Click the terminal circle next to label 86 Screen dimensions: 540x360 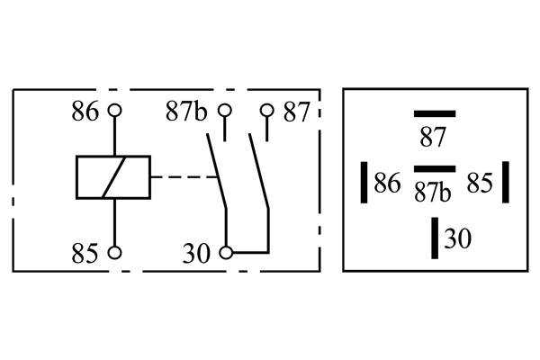point(114,111)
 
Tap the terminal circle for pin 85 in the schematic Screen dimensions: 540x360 point(114,253)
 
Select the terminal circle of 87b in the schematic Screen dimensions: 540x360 point(225,111)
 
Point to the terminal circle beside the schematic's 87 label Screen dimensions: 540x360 point(267,111)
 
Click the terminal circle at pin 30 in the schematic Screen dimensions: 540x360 point(226,253)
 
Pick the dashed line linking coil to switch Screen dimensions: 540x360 point(184,177)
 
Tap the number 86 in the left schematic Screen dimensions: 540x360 point(85,112)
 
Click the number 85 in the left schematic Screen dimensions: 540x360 point(85,253)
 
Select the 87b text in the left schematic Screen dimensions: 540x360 point(186,112)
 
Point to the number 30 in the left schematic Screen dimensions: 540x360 point(196,254)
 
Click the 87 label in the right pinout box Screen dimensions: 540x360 point(433,137)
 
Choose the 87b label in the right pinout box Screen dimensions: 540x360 point(433,192)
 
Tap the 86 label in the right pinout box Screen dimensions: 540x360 point(387,183)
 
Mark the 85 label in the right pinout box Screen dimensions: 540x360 point(480,183)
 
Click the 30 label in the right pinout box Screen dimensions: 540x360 point(458,238)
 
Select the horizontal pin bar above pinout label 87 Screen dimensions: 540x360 point(435,113)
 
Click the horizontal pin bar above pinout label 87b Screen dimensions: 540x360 point(435,169)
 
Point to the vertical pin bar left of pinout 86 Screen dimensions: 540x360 point(364,182)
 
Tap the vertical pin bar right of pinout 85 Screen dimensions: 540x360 point(506,182)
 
